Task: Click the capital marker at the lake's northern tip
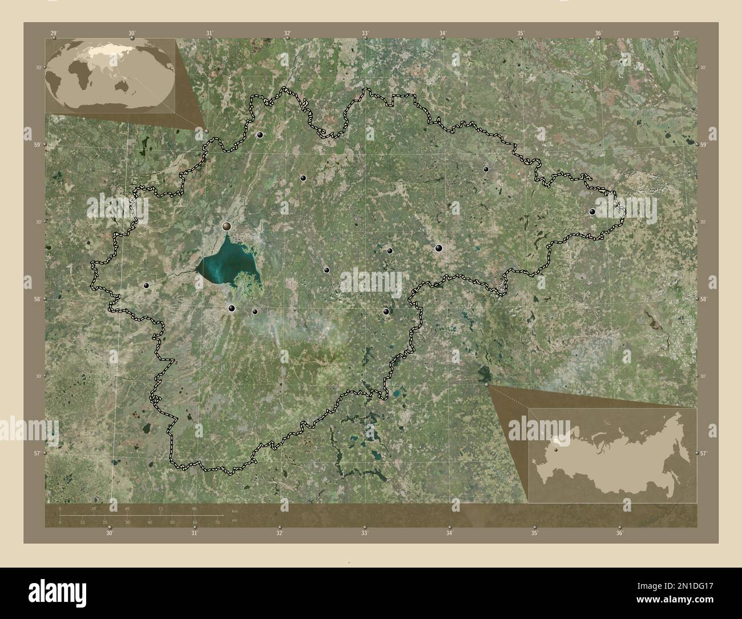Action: coord(227,227)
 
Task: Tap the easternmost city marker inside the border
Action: coord(592,212)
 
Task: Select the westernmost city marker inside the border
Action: coord(147,285)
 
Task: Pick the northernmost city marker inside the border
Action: coord(260,135)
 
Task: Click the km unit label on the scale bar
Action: coord(234,509)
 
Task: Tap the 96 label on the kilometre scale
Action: coord(195,508)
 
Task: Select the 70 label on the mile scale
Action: coord(217,522)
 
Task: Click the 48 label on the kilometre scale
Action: coord(127,508)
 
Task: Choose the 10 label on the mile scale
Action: coord(82,522)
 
